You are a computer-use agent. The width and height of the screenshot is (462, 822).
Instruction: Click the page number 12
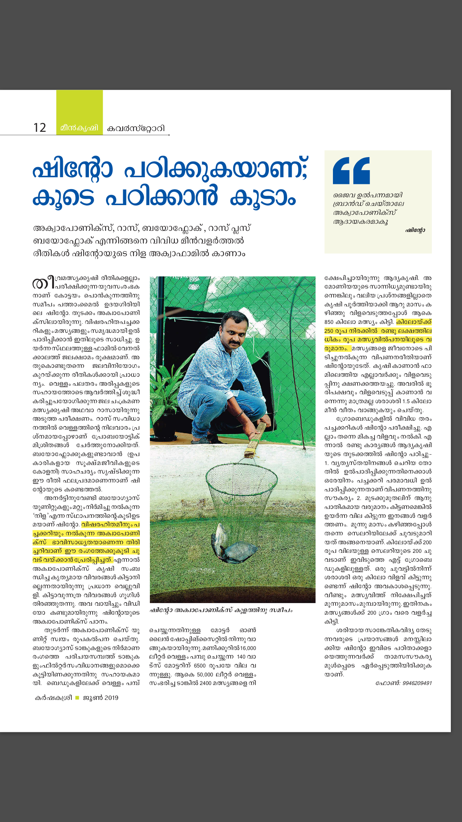(40, 128)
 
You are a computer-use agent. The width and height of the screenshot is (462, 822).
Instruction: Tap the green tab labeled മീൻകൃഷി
(79, 128)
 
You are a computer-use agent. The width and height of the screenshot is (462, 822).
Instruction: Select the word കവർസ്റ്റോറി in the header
(136, 128)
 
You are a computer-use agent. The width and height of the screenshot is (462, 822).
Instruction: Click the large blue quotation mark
(351, 171)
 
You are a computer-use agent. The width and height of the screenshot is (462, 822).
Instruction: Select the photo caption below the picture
(221, 610)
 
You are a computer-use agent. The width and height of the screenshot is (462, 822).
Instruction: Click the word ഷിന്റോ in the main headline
(73, 171)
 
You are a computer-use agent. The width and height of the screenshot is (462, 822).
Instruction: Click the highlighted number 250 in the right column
(329, 331)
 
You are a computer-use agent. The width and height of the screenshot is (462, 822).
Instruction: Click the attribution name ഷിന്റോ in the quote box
(415, 230)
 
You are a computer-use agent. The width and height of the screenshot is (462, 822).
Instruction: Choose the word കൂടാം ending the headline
(263, 197)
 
